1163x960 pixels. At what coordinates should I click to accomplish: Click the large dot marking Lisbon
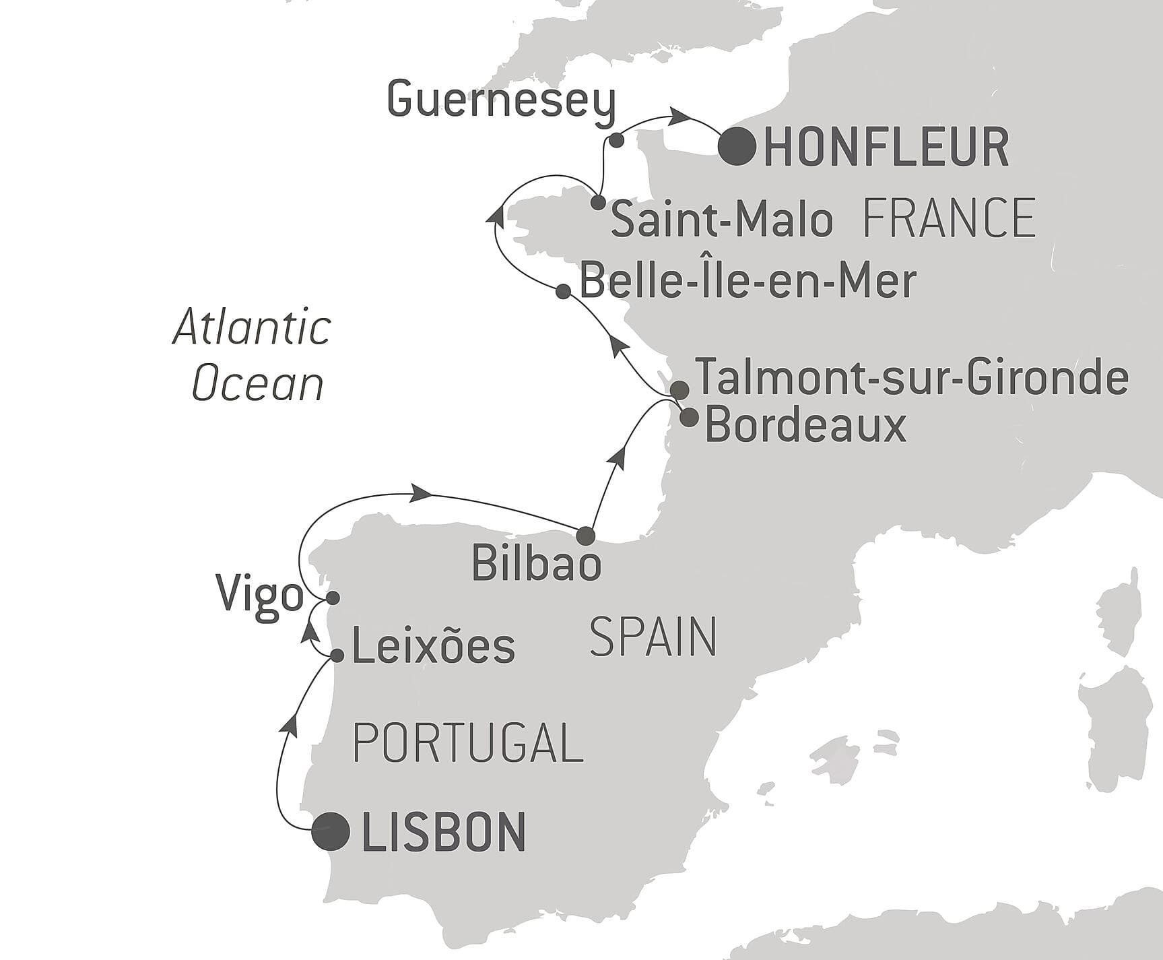(x=331, y=831)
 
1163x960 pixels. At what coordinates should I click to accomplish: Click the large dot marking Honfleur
(x=737, y=146)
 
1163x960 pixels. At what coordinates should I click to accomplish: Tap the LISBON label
(x=443, y=833)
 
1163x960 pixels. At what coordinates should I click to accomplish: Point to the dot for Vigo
(x=332, y=598)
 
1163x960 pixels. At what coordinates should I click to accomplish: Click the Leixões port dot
(x=337, y=655)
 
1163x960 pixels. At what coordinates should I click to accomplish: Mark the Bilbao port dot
(x=586, y=536)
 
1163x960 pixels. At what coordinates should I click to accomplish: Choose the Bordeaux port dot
(x=689, y=418)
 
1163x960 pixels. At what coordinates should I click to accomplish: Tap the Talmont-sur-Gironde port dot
(x=679, y=389)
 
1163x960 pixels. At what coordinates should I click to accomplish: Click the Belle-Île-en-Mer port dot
(x=564, y=291)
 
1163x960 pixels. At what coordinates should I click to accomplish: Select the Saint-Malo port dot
(x=597, y=202)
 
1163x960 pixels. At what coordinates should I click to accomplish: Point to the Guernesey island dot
(x=615, y=140)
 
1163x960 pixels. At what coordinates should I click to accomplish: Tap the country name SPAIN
(x=653, y=637)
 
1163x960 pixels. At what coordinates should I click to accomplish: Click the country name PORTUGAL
(x=467, y=742)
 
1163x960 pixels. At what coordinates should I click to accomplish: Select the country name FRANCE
(x=948, y=218)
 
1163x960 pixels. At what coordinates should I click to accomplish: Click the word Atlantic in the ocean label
(x=252, y=328)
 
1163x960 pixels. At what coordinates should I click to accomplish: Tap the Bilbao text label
(x=536, y=563)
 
